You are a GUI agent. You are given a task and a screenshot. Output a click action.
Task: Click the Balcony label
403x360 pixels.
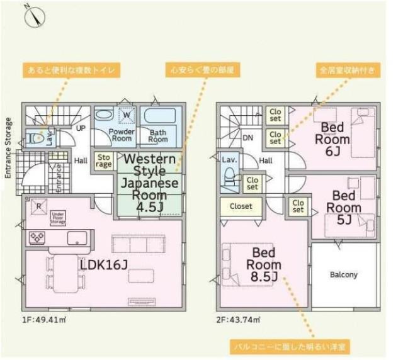344,275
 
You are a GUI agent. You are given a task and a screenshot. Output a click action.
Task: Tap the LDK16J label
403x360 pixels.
104,265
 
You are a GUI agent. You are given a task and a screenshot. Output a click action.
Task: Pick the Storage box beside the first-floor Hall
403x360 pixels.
104,161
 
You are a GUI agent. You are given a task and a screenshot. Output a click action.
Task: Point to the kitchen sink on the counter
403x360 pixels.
78,239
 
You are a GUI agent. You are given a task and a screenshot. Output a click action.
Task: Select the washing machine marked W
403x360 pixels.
126,116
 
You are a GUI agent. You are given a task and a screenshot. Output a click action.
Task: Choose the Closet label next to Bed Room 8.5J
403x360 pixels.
241,206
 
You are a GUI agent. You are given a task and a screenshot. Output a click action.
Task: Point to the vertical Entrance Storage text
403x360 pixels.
8,149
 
